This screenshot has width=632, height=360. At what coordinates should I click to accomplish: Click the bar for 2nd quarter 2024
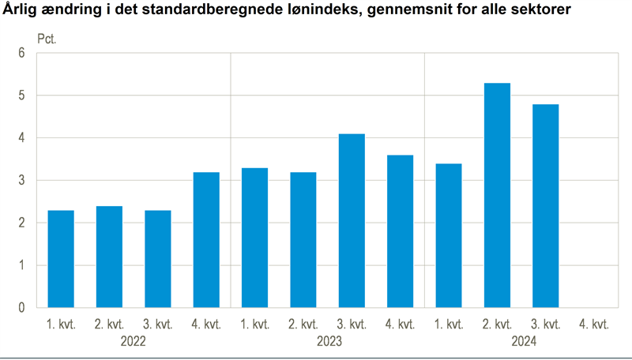click(x=497, y=195)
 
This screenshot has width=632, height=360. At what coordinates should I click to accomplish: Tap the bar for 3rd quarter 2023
click(x=352, y=220)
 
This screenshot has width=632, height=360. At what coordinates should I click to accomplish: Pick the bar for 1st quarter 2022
click(x=61, y=259)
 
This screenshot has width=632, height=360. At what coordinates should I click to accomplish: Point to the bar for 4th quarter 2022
click(x=206, y=239)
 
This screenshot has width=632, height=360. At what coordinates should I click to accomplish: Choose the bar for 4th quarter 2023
click(x=400, y=231)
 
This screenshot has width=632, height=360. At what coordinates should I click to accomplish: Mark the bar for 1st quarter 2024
click(x=449, y=235)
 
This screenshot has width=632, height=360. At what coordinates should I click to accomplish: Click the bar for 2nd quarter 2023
click(x=303, y=239)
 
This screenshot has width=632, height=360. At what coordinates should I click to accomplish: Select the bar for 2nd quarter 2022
click(x=109, y=257)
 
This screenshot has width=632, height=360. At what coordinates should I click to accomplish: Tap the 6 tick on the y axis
click(x=22, y=54)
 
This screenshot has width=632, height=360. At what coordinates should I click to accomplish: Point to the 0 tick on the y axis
click(x=22, y=308)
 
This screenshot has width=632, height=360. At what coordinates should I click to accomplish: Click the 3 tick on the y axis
click(x=22, y=181)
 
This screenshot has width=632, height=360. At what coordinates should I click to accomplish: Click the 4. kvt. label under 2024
click(x=594, y=324)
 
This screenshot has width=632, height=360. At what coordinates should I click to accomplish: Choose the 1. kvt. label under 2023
click(x=255, y=324)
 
